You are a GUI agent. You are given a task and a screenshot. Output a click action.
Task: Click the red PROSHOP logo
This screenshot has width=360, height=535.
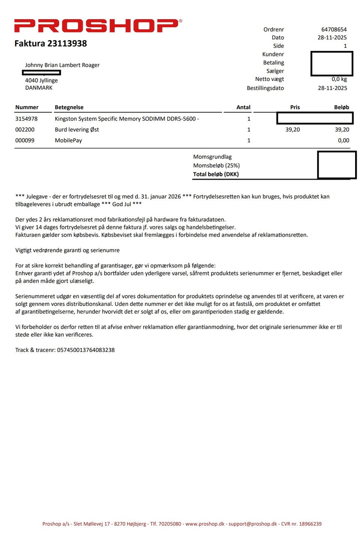click(x=98, y=26)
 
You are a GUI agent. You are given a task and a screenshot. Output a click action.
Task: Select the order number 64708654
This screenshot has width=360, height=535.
click(x=334, y=29)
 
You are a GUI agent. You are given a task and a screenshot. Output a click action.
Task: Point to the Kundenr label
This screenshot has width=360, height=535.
click(x=273, y=54)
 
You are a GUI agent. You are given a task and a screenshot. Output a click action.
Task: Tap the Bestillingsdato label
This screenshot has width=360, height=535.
click(x=265, y=88)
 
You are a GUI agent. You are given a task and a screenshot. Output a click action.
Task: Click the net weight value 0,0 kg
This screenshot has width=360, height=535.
click(x=339, y=79)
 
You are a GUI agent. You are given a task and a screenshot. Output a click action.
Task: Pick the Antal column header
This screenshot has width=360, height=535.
click(x=243, y=107)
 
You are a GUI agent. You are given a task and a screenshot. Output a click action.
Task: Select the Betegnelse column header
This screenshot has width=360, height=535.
click(x=69, y=107)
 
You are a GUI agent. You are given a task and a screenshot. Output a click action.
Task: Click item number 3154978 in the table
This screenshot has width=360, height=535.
click(x=26, y=119)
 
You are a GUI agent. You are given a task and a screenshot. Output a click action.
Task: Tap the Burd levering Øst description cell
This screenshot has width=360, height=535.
click(x=77, y=129)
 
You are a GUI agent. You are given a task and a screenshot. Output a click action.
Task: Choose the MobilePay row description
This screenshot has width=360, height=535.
click(x=68, y=140)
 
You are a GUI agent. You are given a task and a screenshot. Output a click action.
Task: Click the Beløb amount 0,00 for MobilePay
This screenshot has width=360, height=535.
click(x=343, y=140)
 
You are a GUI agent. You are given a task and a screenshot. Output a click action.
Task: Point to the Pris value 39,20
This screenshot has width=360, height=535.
click(x=292, y=129)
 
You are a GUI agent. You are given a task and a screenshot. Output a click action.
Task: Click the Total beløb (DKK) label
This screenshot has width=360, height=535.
click(x=216, y=174)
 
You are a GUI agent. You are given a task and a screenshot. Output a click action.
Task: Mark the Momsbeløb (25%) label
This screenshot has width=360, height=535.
click(x=216, y=165)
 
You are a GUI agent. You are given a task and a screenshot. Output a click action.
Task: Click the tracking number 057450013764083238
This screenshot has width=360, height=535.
click(x=86, y=350)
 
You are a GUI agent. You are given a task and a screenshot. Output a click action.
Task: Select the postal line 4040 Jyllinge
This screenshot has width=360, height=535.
click(x=41, y=80)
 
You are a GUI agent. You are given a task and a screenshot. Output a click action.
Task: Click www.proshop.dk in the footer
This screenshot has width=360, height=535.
click(x=205, y=524)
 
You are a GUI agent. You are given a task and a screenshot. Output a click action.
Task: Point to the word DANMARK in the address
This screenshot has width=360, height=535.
click(x=39, y=88)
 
